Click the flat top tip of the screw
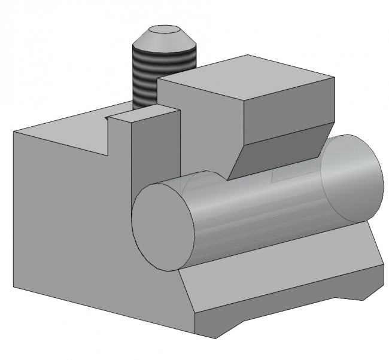[163, 30]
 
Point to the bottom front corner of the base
[197, 332]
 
